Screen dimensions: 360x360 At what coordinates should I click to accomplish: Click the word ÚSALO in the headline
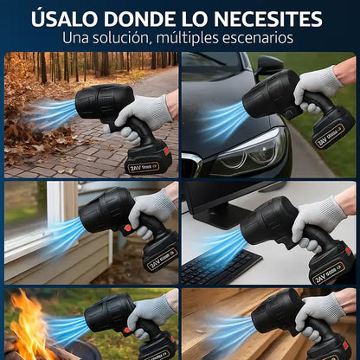click(64, 19)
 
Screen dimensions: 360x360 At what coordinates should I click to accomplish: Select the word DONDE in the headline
click(139, 19)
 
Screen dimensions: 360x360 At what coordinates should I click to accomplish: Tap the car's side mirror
click(269, 66)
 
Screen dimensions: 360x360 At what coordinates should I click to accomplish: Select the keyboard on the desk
click(220, 267)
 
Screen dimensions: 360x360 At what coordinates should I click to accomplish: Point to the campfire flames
click(32, 326)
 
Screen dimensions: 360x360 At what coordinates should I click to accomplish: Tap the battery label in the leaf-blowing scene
click(143, 167)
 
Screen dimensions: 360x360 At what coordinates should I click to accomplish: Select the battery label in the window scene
click(161, 260)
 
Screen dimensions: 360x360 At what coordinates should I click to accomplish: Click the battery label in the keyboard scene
click(329, 273)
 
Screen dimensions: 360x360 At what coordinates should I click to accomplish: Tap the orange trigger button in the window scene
click(127, 228)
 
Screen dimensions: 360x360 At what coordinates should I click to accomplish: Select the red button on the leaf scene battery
click(166, 151)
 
